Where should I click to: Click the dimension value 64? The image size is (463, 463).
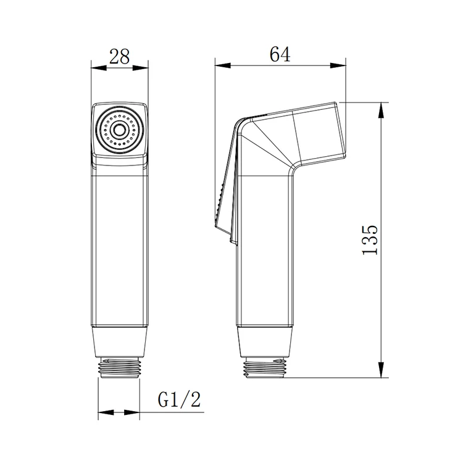[280, 54]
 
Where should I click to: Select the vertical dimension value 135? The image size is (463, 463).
[369, 240]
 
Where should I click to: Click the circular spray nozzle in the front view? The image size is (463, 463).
[120, 130]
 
